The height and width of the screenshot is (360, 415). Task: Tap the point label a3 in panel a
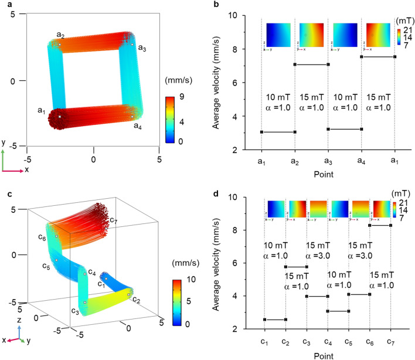click(x=141, y=49)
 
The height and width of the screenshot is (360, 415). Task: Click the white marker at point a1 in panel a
click(x=59, y=117)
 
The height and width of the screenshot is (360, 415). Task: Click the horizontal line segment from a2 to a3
click(x=311, y=64)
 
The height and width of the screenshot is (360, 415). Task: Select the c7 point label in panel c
click(x=115, y=220)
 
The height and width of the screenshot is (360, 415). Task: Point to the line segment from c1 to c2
click(x=275, y=320)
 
